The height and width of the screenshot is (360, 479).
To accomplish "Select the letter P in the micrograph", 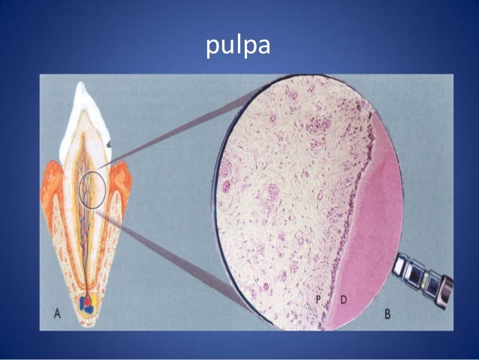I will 318,300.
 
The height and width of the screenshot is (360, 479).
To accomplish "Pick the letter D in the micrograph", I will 343,300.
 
